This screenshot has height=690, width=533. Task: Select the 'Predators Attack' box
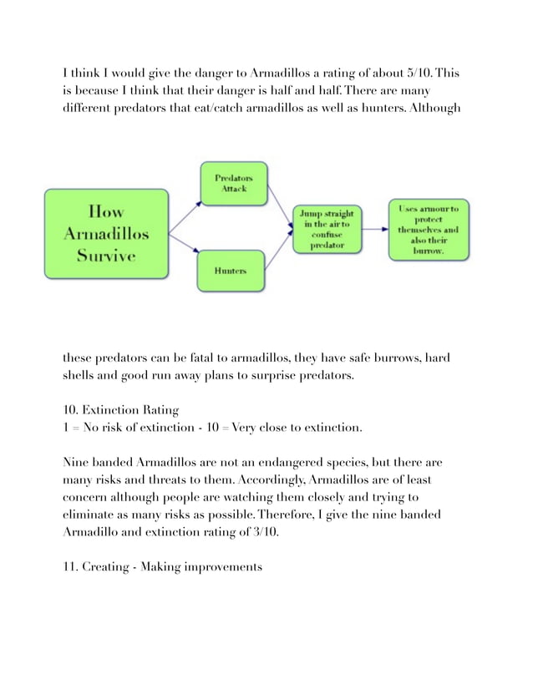[233, 184]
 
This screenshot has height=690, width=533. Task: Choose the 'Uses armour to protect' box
[428, 226]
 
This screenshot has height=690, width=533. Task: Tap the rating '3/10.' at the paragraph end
[263, 533]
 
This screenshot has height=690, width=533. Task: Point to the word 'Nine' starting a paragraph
[78, 462]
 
